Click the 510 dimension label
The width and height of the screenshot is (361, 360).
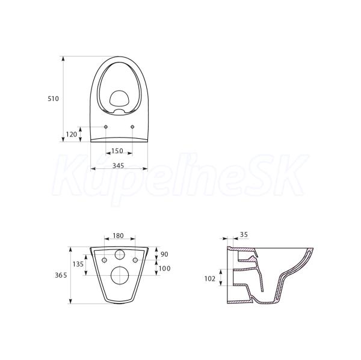(53, 99)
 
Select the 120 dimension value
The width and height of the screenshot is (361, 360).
(72, 135)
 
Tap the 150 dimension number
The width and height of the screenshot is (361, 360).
(117, 151)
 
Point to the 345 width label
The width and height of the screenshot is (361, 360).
(119, 165)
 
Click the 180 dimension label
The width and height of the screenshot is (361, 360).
(118, 236)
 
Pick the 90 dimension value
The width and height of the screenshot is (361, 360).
(164, 254)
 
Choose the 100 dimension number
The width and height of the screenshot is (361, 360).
(165, 268)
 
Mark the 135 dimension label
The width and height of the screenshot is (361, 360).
(78, 264)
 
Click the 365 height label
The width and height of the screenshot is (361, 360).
(61, 275)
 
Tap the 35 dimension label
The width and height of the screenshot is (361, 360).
(244, 234)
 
